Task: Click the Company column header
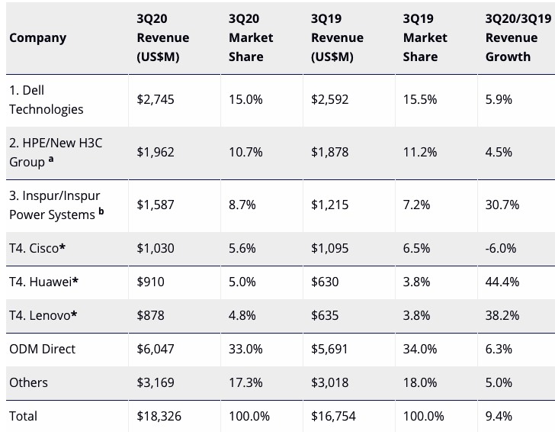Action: [x=37, y=37]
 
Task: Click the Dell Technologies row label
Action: [x=46, y=100]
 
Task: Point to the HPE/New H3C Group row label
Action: [x=53, y=152]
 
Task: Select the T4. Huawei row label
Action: [x=44, y=282]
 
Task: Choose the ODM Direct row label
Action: [x=42, y=349]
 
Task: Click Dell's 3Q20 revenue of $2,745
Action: [x=156, y=100]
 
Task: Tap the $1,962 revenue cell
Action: [x=156, y=152]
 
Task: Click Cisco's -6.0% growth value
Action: [x=500, y=248]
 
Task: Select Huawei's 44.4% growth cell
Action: [x=502, y=282]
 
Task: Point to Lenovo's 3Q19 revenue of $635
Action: [x=325, y=315]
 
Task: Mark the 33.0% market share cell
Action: [x=245, y=349]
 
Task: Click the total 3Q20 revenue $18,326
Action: [x=160, y=416]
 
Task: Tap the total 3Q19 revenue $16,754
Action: [x=334, y=416]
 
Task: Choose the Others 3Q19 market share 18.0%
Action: [x=420, y=382]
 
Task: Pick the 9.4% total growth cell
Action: [x=499, y=416]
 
